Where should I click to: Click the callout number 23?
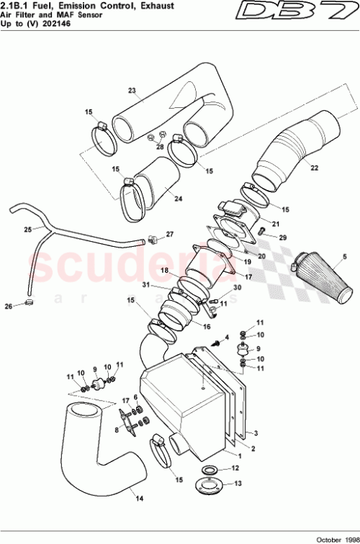(132, 91)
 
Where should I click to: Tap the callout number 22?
(314, 168)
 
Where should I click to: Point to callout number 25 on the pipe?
(27, 230)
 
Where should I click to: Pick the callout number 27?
(170, 234)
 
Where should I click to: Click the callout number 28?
(160, 147)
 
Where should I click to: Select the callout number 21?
(276, 223)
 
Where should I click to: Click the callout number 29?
(282, 237)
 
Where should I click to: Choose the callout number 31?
(166, 287)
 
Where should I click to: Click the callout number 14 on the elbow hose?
(138, 496)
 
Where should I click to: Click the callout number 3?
(255, 433)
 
